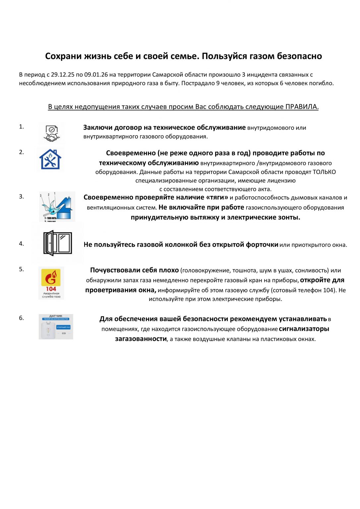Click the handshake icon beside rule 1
51,133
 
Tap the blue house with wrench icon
50,159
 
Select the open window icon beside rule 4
58,243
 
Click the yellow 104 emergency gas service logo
51,283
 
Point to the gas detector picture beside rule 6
56,327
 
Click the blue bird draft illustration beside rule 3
57,206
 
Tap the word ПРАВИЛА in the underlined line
302,107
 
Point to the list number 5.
21,269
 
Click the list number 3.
21,197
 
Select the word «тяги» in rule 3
217,198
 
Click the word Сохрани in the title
63,56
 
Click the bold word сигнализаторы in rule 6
304,329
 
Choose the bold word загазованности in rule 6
141,339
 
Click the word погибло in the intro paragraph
321,83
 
